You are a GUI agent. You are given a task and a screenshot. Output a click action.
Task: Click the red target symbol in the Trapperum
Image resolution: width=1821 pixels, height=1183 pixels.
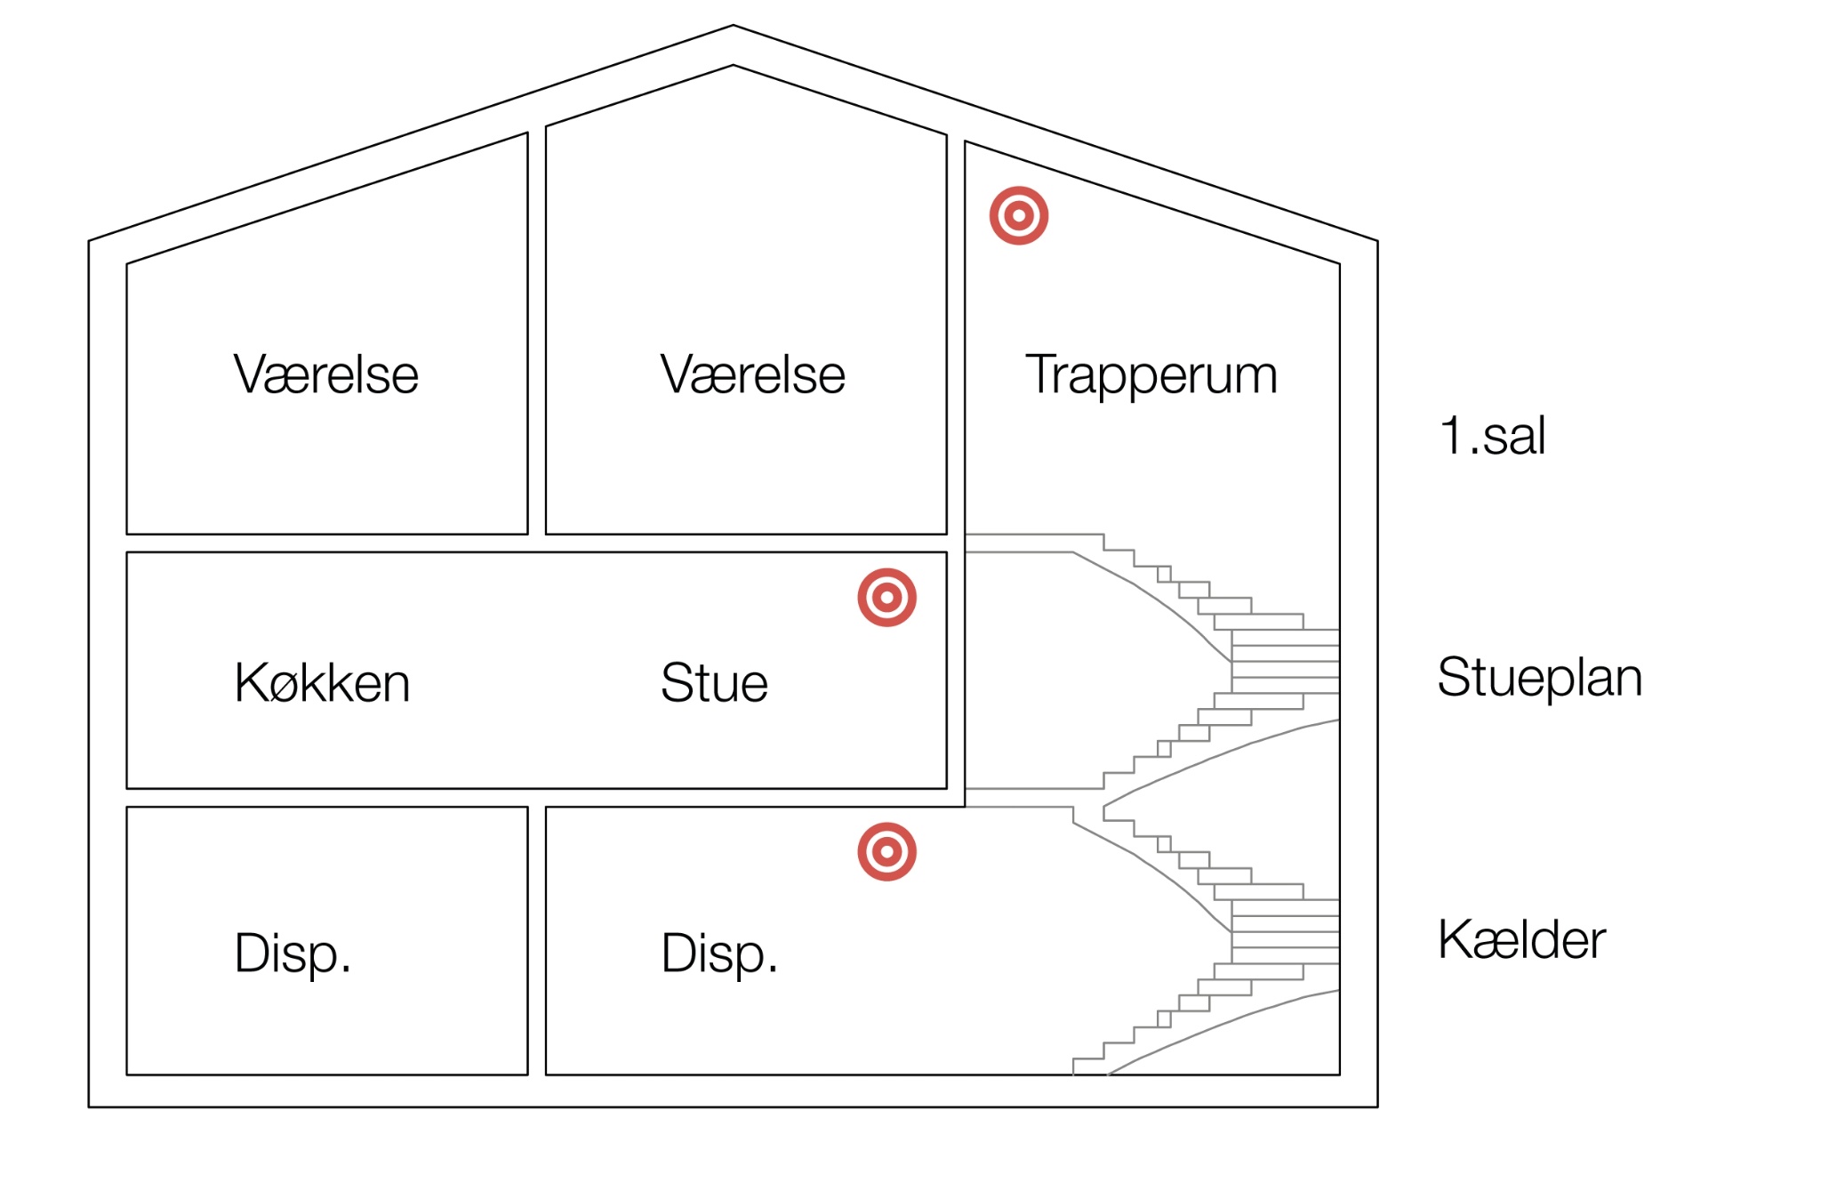[x=1019, y=215]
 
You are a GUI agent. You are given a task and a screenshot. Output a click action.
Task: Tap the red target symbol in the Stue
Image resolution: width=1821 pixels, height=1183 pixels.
[x=886, y=597]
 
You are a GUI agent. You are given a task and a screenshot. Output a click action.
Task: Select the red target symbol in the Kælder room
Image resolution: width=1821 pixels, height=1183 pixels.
[x=886, y=851]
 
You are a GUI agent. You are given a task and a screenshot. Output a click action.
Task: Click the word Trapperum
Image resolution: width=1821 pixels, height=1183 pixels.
[x=1151, y=375]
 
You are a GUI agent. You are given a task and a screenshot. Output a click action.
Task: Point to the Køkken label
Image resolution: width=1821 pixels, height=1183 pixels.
[x=322, y=683]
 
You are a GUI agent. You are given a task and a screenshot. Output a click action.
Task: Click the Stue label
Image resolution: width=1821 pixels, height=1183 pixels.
[x=714, y=683]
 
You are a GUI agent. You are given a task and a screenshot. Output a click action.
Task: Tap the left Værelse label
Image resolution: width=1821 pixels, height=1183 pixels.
[x=325, y=374]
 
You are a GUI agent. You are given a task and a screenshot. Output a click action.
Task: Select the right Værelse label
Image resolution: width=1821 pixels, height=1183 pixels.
[x=752, y=374]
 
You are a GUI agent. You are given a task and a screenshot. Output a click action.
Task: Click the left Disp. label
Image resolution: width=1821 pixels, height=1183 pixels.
[x=293, y=954]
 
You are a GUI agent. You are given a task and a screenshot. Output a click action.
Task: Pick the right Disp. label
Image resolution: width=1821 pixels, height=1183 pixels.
[x=719, y=954]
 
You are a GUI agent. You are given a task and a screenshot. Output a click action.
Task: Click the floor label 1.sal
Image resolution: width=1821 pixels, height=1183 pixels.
[x=1492, y=436]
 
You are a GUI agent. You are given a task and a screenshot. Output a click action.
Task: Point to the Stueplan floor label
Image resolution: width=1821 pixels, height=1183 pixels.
[x=1539, y=678]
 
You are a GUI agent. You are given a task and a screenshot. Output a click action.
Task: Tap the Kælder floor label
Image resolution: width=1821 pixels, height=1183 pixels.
[x=1521, y=939]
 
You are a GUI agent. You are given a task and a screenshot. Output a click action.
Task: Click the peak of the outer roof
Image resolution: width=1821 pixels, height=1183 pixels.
[x=733, y=26]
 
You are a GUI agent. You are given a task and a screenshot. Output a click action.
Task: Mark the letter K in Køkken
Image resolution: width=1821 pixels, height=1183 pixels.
[x=250, y=683]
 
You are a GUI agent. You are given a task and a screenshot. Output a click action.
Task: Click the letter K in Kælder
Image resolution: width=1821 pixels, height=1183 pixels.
[x=1456, y=939]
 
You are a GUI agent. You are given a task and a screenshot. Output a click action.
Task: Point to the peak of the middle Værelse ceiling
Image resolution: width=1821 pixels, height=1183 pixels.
[x=733, y=66]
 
